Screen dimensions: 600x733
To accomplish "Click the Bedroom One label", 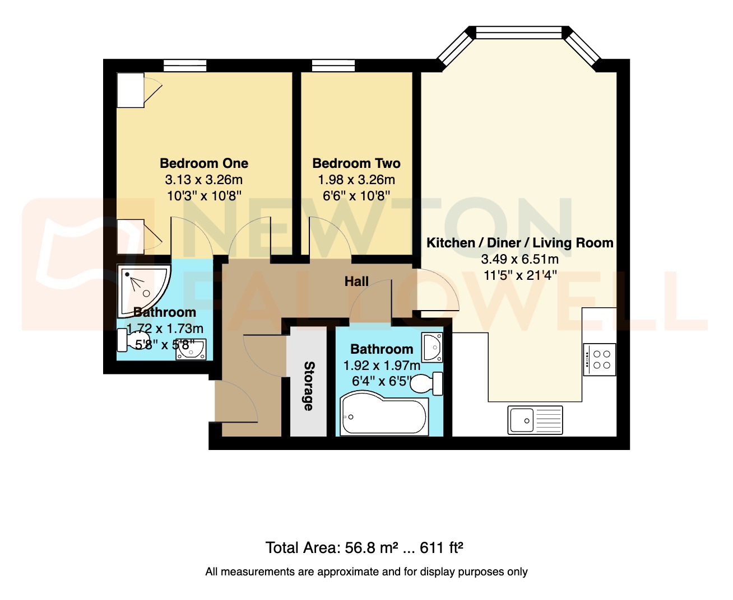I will (203, 163).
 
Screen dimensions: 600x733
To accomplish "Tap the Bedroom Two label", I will (356, 163).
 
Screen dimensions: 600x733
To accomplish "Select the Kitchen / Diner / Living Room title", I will (519, 243).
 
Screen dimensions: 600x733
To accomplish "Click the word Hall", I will (356, 282).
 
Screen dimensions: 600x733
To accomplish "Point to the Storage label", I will (309, 386).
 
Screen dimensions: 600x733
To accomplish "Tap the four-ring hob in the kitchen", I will (600, 359).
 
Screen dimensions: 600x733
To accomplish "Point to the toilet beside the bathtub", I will (428, 384).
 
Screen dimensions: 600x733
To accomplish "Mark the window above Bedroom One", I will (185, 66).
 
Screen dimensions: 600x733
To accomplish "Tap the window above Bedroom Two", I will (333, 66).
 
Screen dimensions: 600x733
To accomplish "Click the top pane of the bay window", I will (518, 33).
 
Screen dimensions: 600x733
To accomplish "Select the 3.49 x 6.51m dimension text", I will (519, 259).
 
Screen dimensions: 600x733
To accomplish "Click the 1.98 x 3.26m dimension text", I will (356, 180).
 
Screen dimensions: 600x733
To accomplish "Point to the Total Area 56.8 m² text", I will (364, 547).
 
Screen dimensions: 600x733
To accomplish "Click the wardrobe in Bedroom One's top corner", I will (131, 90).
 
